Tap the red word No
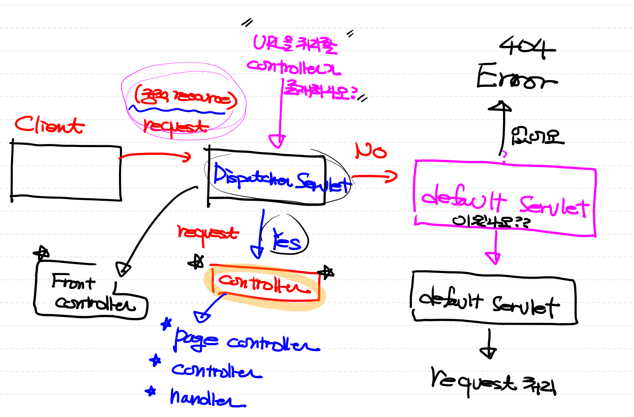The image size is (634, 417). click(x=371, y=151)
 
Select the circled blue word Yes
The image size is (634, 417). click(x=286, y=240)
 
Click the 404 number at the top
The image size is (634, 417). click(x=527, y=47)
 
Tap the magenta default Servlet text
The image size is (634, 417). click(x=504, y=202)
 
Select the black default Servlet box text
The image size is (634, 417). click(x=489, y=303)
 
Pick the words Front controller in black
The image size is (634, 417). click(x=90, y=293)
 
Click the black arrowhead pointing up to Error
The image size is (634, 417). click(x=500, y=107)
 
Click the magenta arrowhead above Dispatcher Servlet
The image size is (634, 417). click(x=278, y=141)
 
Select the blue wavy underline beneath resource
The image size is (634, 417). click(x=176, y=110)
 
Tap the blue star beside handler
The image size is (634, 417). click(x=151, y=391)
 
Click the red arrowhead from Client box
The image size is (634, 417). click(x=187, y=156)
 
